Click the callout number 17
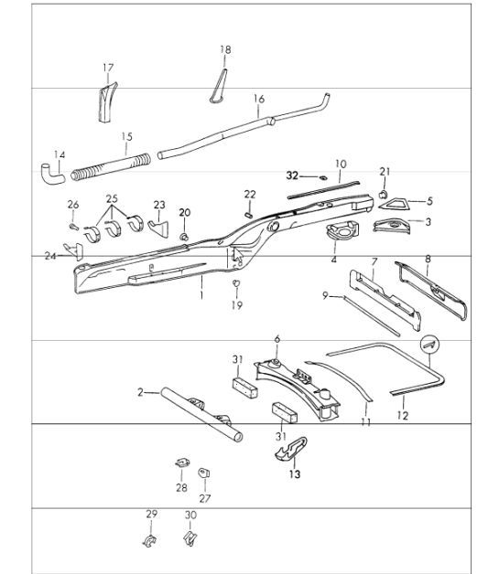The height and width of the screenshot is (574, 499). click(108, 67)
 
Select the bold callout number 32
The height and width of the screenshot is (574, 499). click(292, 173)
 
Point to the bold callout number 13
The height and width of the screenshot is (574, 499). click(294, 475)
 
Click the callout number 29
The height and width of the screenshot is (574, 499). click(151, 516)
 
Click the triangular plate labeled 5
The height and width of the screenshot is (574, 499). click(400, 200)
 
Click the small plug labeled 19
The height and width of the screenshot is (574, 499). click(235, 284)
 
